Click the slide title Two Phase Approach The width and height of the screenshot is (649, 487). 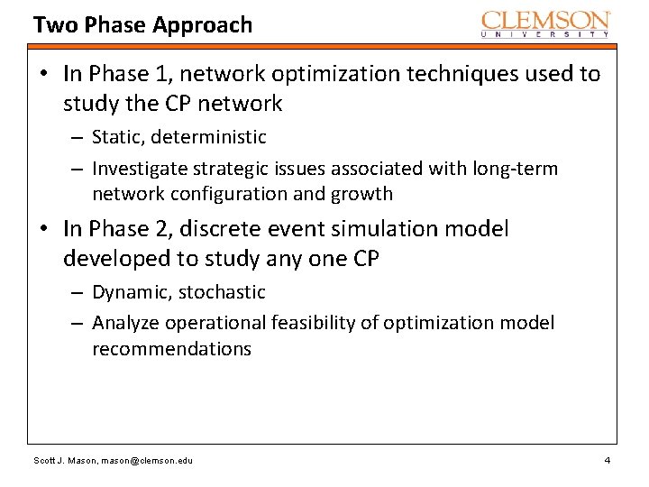[142, 24]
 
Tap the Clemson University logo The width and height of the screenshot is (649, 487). [546, 23]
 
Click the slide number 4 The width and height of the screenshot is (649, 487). [607, 461]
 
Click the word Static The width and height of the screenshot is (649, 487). [117, 137]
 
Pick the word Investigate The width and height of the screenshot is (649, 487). [138, 169]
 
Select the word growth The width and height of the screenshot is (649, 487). [361, 193]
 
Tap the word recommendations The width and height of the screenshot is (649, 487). [171, 348]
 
